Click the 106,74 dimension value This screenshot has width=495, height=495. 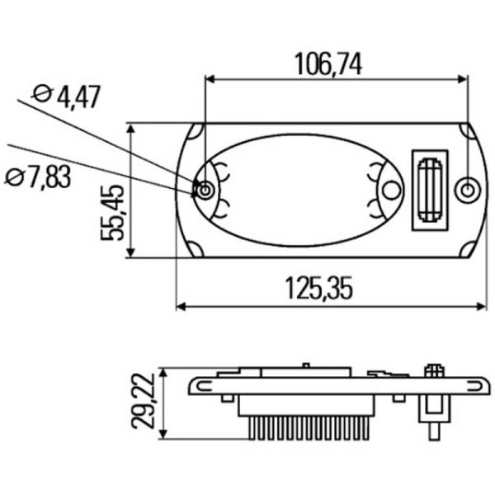click(328, 63)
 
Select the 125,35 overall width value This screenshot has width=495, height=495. click(319, 288)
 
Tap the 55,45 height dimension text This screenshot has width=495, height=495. click(113, 212)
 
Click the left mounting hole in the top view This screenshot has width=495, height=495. click(205, 191)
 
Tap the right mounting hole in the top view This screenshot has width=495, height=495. click(468, 191)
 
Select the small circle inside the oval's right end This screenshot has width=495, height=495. click(391, 191)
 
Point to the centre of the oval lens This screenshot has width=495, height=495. click(301, 190)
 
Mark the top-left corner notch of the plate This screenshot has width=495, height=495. click(195, 132)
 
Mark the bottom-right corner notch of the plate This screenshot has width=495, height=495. click(466, 248)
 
